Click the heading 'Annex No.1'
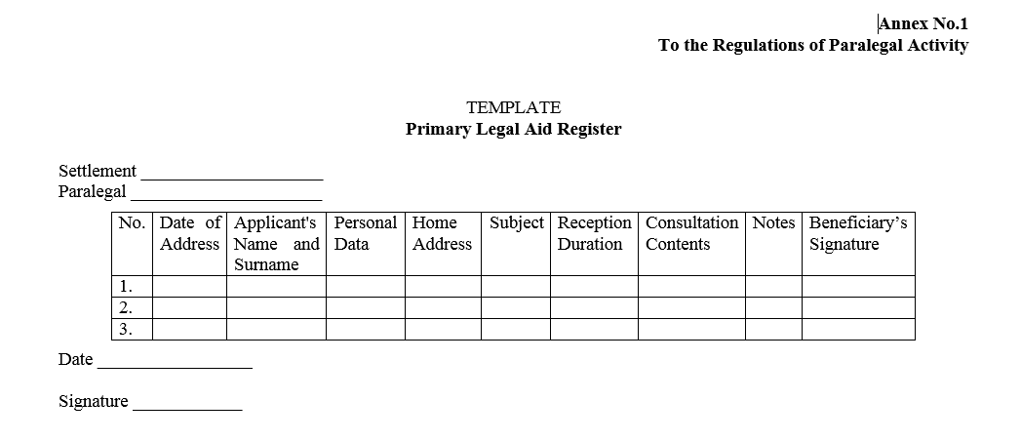pyautogui.click(x=923, y=23)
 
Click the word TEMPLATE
pyautogui.click(x=513, y=107)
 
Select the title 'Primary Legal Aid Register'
pyautogui.click(x=513, y=129)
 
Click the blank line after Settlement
pyautogui.click(x=232, y=174)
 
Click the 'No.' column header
pyautogui.click(x=132, y=223)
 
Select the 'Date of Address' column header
pyautogui.click(x=190, y=233)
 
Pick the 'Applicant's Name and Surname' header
pyautogui.click(x=276, y=244)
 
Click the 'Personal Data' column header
pyautogui.click(x=365, y=233)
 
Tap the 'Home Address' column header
pyautogui.click(x=442, y=233)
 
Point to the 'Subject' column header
pyautogui.click(x=516, y=223)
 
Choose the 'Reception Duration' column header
pyautogui.click(x=594, y=233)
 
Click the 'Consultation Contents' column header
pyautogui.click(x=691, y=233)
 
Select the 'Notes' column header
pyautogui.click(x=773, y=223)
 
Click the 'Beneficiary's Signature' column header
pyautogui.click(x=858, y=233)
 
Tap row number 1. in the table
pyautogui.click(x=125, y=287)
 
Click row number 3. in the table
pyautogui.click(x=125, y=330)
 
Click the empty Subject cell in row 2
pyautogui.click(x=516, y=308)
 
